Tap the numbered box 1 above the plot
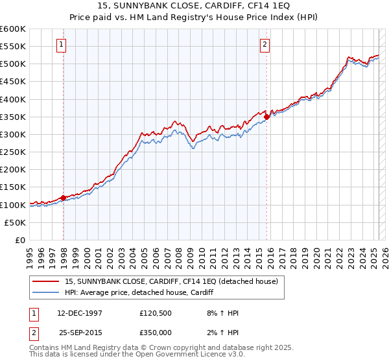(61, 45)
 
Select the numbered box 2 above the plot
(265, 45)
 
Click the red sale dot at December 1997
(63, 198)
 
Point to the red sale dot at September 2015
(267, 117)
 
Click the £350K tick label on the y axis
(13, 117)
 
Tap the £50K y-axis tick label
(15, 222)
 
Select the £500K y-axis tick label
(13, 64)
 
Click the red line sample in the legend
(46, 281)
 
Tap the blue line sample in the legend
(46, 292)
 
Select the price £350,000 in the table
(159, 332)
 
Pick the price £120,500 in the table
(159, 312)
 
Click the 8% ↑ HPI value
(220, 312)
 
